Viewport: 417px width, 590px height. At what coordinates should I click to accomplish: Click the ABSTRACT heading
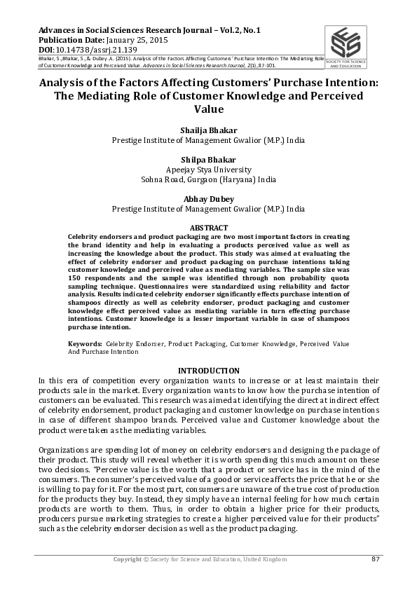pos(209,228)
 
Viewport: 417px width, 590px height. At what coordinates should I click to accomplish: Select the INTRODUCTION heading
pos(209,371)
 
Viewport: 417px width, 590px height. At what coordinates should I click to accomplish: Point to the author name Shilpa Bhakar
pos(209,159)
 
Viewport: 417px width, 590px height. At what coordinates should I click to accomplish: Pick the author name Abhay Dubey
pos(209,198)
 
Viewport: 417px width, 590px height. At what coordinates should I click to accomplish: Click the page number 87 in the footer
pos(375,558)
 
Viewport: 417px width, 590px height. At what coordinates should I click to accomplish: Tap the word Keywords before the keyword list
pos(86,344)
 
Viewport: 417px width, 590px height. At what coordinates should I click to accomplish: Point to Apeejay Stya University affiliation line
pos(209,169)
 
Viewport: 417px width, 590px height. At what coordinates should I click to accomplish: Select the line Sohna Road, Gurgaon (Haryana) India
pos(209,179)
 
